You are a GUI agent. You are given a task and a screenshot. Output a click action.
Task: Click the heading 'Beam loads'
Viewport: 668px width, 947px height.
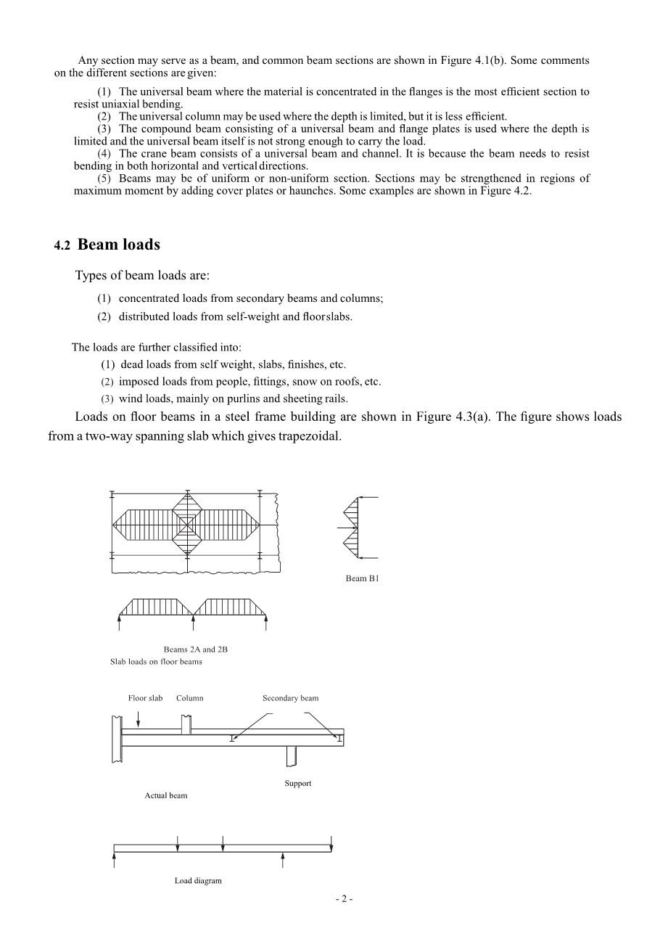pos(118,245)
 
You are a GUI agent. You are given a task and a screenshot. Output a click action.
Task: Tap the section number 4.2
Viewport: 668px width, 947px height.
pos(62,247)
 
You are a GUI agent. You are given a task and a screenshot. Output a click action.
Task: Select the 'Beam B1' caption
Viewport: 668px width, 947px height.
pos(362,579)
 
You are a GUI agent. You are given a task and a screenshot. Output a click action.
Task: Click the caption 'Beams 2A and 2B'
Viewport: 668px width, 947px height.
pos(195,649)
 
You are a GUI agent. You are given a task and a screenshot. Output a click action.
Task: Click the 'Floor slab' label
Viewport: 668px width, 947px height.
pos(145,698)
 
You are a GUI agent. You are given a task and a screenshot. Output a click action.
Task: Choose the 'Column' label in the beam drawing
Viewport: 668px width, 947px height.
pos(189,698)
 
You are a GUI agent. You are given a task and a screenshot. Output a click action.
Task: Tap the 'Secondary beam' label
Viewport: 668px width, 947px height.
pos(290,698)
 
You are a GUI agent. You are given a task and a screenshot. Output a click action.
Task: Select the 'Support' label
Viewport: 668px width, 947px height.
pos(297,783)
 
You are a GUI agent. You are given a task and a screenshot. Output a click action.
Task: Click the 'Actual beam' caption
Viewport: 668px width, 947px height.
pos(166,795)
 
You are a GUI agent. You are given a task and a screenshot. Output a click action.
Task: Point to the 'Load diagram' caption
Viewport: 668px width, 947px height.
pos(198,881)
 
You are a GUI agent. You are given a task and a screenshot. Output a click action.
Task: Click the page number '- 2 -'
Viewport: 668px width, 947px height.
pos(344,899)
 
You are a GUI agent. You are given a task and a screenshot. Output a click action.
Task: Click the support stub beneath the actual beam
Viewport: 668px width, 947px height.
pos(292,755)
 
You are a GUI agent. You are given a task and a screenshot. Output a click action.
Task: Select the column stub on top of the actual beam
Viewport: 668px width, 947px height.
pos(186,724)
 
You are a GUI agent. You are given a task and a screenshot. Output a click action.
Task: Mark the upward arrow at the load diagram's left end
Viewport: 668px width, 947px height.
pos(115,860)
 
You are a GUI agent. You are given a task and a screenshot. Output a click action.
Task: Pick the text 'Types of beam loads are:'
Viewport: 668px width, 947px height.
pos(142,276)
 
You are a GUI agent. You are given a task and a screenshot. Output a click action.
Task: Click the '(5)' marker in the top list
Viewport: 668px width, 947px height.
pos(104,179)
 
